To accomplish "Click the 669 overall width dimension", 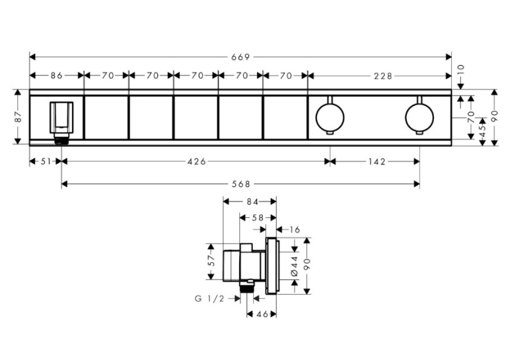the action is click(240, 57).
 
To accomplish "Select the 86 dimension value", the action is click(56, 76).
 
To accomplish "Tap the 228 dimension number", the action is click(383, 76).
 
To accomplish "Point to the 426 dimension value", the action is click(197, 161).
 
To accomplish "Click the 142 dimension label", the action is click(377, 161).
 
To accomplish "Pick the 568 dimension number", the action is click(241, 184).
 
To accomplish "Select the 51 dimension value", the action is click(46, 161).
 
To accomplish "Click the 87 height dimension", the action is click(18, 117).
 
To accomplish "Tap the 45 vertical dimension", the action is click(482, 130).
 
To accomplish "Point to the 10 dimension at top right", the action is click(460, 69).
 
